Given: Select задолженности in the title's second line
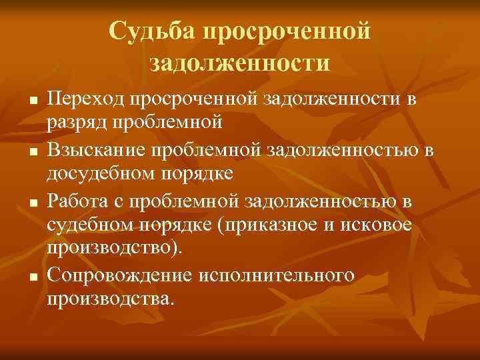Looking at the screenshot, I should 239,63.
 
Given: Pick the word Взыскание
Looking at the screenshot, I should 100,150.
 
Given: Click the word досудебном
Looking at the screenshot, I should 101,173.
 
